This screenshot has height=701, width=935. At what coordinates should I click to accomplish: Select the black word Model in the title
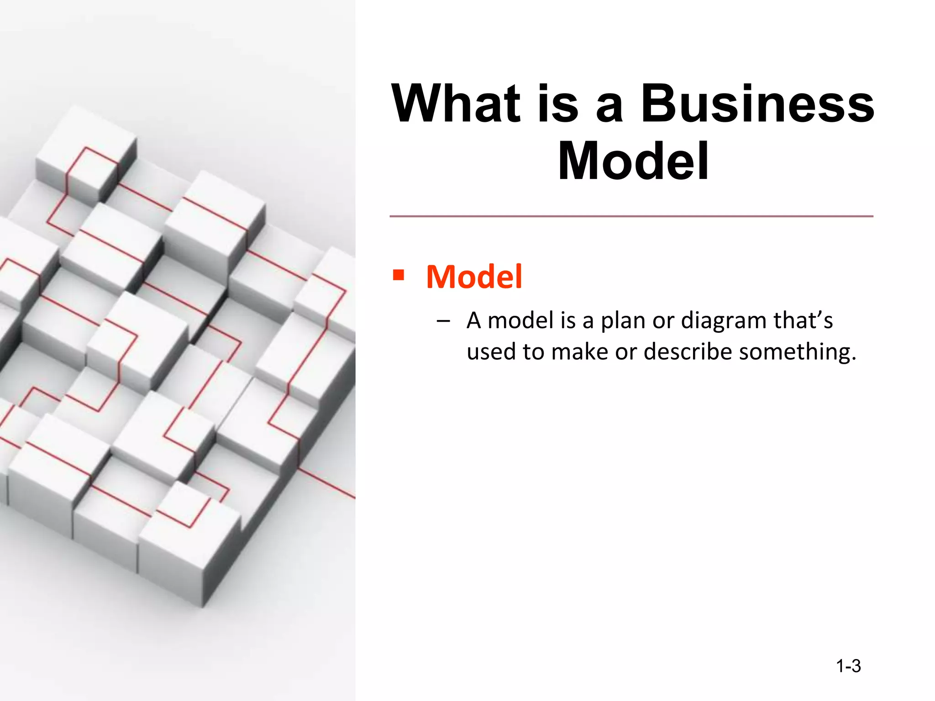pos(633,161)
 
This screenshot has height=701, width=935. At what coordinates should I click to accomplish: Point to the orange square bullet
pos(399,275)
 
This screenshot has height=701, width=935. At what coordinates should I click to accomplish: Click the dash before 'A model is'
pos(442,321)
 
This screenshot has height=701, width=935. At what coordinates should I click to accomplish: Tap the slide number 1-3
pos(848,666)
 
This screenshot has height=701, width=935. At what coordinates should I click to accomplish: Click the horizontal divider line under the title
pos(631,216)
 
